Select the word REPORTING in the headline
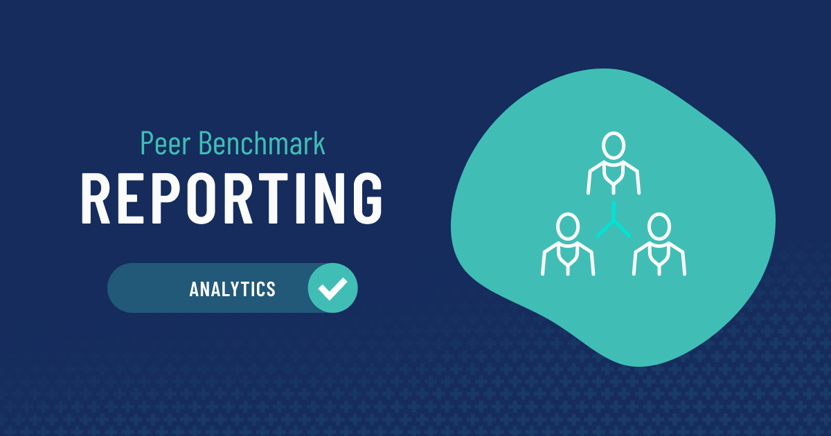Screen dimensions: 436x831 tap(232, 198)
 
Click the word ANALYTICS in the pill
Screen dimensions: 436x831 tap(233, 289)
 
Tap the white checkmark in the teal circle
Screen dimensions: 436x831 tap(333, 288)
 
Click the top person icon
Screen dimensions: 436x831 tap(614, 163)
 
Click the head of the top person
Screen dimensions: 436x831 tap(614, 146)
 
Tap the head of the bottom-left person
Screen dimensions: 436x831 tap(568, 226)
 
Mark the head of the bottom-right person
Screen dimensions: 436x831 tap(659, 226)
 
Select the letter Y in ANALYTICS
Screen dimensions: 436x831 tap(236, 289)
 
